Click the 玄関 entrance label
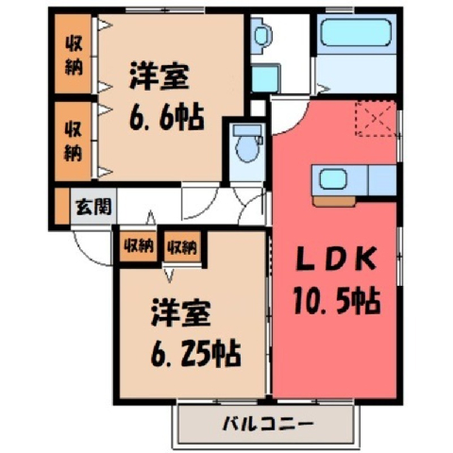(93, 207)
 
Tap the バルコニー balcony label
(268, 424)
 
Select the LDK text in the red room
(336, 259)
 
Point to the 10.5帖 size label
(337, 301)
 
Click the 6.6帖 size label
(167, 117)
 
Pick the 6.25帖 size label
(195, 354)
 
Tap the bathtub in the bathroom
(356, 33)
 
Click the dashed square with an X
(375, 119)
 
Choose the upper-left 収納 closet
(74, 54)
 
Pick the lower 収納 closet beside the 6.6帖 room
(74, 142)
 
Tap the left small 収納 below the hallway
(139, 246)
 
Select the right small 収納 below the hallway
(182, 246)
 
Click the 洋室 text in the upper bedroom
(159, 76)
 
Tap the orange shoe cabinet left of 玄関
(62, 206)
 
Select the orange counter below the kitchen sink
(334, 201)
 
